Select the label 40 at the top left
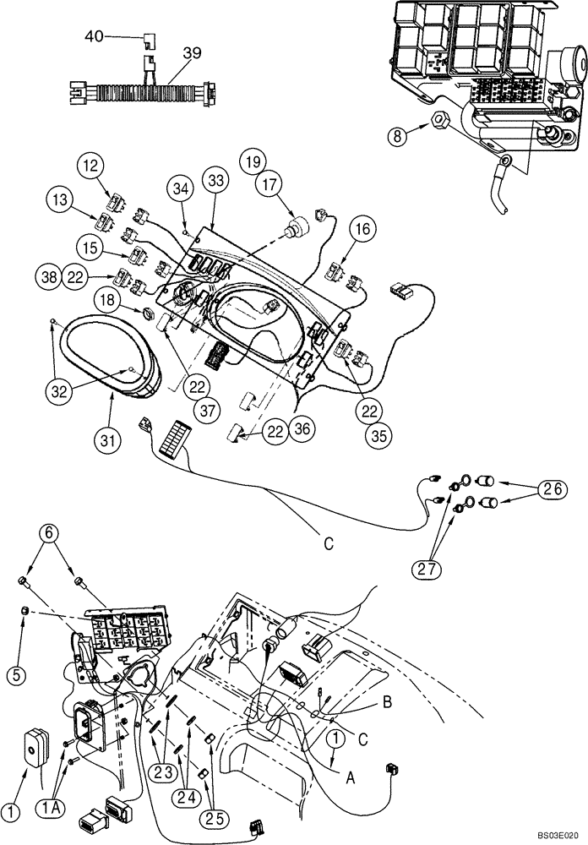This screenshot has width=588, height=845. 94,36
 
